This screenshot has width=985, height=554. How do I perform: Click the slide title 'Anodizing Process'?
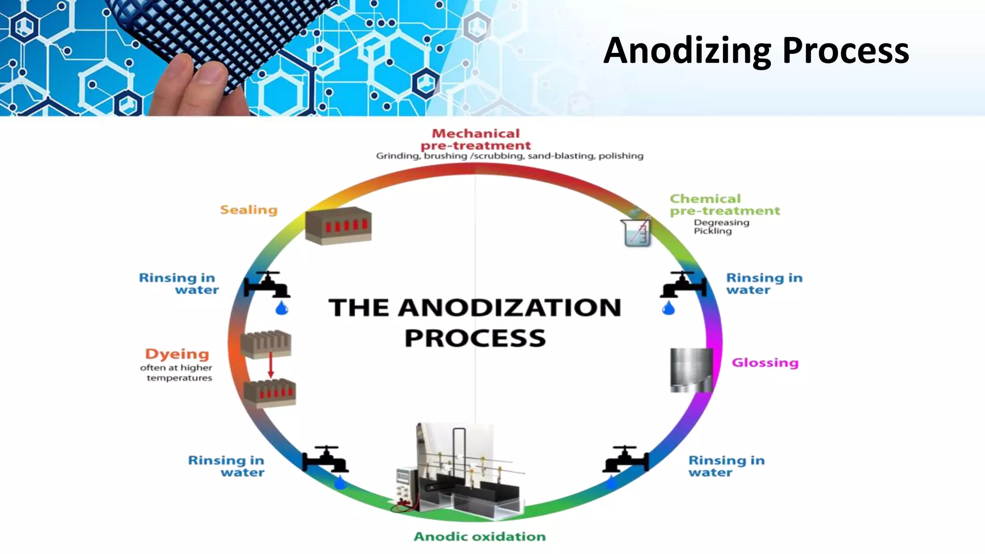(x=756, y=50)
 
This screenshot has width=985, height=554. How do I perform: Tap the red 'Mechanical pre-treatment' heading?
(x=476, y=139)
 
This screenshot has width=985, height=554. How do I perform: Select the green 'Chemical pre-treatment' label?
(x=724, y=205)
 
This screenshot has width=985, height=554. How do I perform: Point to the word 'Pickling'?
(x=712, y=231)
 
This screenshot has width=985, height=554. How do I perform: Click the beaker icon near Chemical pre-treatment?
(x=637, y=232)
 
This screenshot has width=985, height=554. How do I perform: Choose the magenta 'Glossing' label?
(x=765, y=363)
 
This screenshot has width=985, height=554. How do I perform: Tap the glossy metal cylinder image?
(x=691, y=370)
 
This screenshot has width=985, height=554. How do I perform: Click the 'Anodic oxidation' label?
(x=480, y=537)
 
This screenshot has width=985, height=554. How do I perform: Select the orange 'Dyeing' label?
(x=177, y=354)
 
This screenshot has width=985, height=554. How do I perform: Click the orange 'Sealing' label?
(x=249, y=210)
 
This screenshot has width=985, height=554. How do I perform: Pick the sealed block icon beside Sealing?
(x=338, y=225)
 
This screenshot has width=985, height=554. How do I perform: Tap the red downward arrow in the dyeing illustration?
(x=270, y=365)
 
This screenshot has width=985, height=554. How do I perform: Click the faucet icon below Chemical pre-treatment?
(x=683, y=285)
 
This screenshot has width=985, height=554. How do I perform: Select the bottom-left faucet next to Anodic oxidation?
(x=325, y=460)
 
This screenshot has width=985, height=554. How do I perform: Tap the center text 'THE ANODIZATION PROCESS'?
(x=475, y=322)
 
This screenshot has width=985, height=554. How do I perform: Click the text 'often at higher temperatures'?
(x=177, y=373)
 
